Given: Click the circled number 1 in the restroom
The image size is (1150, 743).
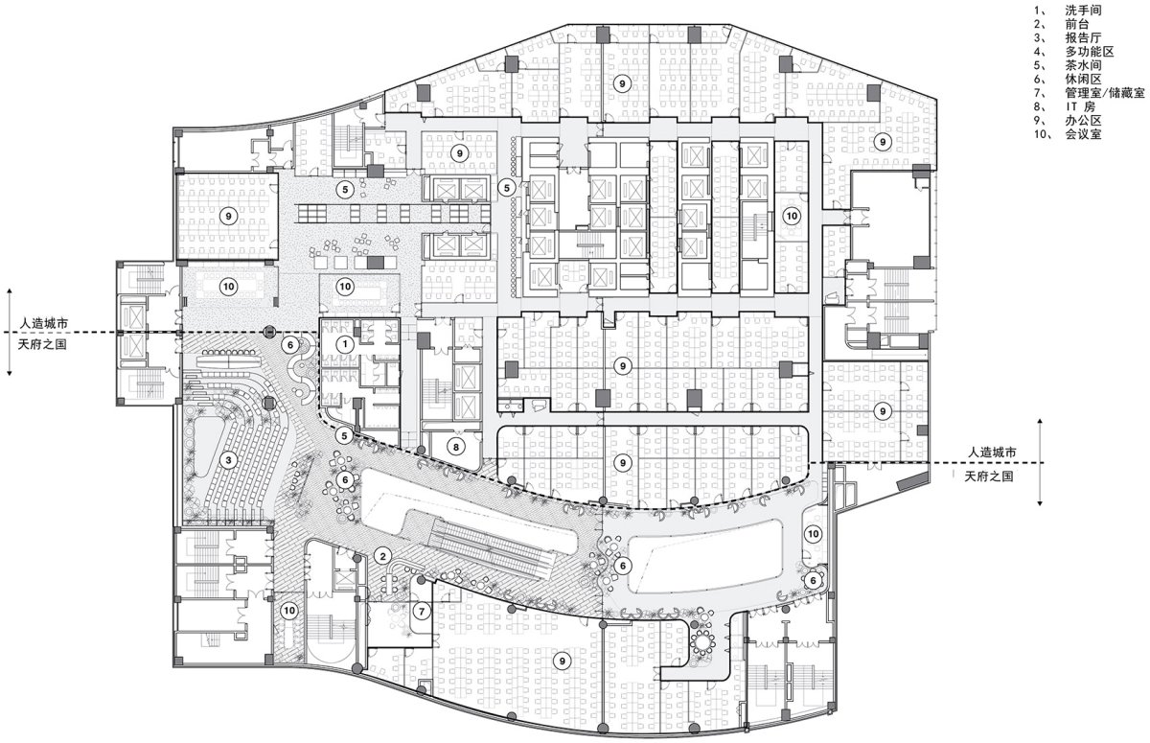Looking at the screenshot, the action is pyautogui.click(x=345, y=344).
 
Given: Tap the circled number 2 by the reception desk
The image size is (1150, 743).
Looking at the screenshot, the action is pyautogui.click(x=382, y=556).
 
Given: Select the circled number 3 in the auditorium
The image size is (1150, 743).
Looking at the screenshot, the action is pyautogui.click(x=228, y=460).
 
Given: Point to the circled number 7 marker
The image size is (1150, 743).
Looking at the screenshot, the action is pyautogui.click(x=422, y=611).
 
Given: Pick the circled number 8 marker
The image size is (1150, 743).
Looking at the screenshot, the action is pyautogui.click(x=456, y=447).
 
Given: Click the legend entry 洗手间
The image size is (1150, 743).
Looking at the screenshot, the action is pyautogui.click(x=1083, y=11).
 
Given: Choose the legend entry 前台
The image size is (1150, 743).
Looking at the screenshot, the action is pyautogui.click(x=1077, y=24).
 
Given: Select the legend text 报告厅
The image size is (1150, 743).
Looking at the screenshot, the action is pyautogui.click(x=1083, y=38).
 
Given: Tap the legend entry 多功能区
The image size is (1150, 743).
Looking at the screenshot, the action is pyautogui.click(x=1090, y=52).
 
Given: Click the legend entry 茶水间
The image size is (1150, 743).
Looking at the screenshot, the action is pyautogui.click(x=1083, y=66).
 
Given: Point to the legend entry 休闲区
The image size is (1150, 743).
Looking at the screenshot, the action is pyautogui.click(x=1083, y=80).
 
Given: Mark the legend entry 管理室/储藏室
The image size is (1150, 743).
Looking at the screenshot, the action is pyautogui.click(x=1105, y=93).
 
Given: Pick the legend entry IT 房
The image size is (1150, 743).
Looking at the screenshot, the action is pyautogui.click(x=1080, y=106).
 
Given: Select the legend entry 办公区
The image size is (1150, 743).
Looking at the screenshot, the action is pyautogui.click(x=1083, y=121).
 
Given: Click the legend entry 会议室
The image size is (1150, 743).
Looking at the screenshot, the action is pyautogui.click(x=1083, y=134).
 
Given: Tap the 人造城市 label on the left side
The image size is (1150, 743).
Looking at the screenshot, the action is pyautogui.click(x=44, y=323).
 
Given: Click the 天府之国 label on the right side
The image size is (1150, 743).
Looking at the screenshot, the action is pyautogui.click(x=989, y=477).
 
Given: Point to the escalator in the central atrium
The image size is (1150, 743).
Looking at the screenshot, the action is pyautogui.click(x=492, y=549).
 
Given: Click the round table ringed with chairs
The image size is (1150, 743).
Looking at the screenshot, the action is pyautogui.click(x=702, y=641).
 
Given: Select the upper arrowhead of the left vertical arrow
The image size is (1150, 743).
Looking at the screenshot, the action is pyautogui.click(x=10, y=291).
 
